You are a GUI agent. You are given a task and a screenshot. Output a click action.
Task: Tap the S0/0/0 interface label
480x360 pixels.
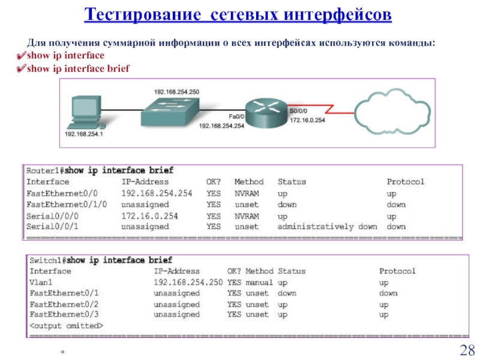[299, 110]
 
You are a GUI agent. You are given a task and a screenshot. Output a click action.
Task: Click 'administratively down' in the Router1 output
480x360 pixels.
[327, 227]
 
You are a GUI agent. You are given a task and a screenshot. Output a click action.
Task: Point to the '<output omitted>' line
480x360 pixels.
[66, 325]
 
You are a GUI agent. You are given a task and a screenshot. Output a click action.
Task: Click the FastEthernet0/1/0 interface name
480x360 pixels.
[67, 204]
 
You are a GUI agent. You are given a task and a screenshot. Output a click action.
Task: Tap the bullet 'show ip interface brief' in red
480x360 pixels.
[78, 68]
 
